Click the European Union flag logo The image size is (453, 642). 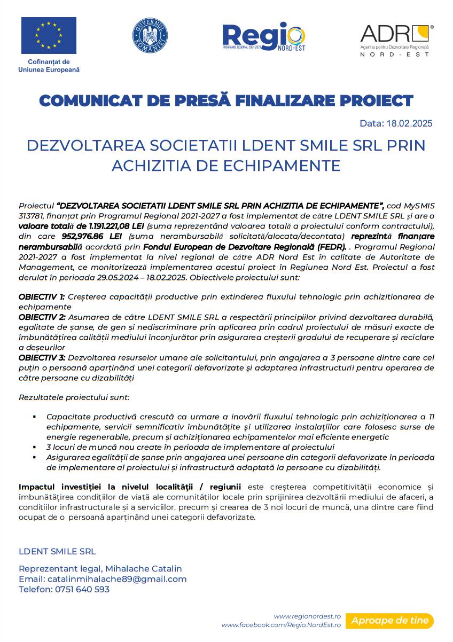coord(49,35)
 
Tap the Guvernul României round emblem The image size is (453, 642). coord(150,36)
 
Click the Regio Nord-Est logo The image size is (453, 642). coord(264,37)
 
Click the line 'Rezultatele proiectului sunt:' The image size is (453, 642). coord(74,397)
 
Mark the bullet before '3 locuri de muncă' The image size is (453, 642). coord(34,447)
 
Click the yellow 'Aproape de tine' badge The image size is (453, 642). coord(389,621)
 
